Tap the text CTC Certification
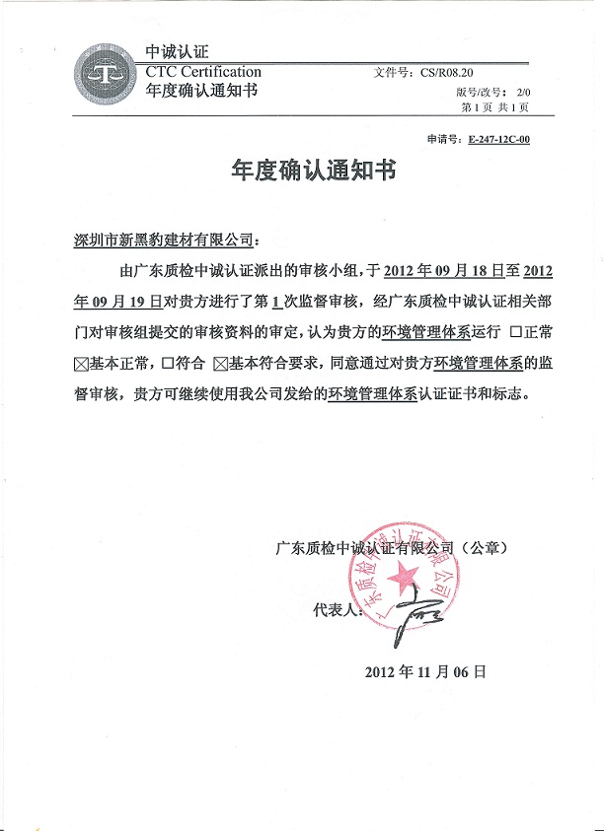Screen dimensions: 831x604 click(x=203, y=72)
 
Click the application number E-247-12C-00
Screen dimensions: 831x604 click(x=499, y=140)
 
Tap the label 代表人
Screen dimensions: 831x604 click(x=338, y=611)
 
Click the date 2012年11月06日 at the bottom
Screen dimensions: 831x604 click(x=426, y=672)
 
